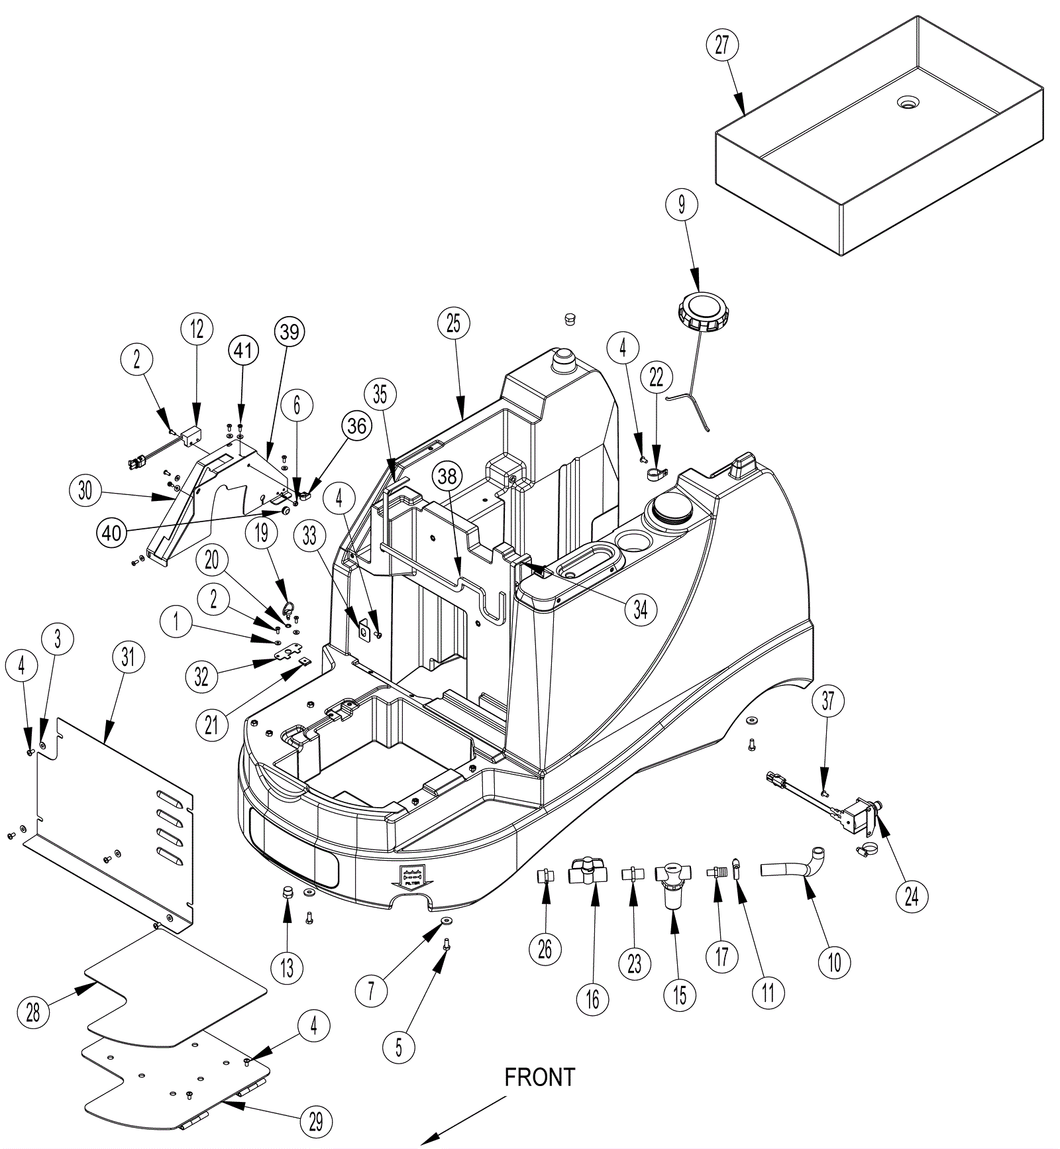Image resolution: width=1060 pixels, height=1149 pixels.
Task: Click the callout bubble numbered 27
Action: click(x=721, y=45)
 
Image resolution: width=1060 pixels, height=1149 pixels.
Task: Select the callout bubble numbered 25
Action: click(x=453, y=323)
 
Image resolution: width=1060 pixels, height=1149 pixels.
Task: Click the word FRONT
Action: click(x=540, y=1077)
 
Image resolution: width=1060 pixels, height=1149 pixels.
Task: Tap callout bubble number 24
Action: click(x=912, y=897)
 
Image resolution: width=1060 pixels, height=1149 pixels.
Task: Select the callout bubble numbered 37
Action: click(x=828, y=700)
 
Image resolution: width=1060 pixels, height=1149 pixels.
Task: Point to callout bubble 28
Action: click(x=33, y=1012)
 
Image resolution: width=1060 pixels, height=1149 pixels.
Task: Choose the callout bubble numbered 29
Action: click(x=315, y=1121)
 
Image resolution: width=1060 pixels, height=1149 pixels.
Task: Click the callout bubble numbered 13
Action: click(x=287, y=967)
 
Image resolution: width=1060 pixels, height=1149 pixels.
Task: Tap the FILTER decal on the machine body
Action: click(x=411, y=877)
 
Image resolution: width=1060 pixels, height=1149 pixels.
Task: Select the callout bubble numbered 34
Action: click(x=640, y=609)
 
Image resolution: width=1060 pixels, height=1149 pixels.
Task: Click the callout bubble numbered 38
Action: click(x=448, y=476)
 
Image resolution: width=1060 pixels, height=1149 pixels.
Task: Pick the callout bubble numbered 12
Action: click(x=197, y=329)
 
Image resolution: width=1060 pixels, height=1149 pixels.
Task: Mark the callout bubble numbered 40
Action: click(x=113, y=531)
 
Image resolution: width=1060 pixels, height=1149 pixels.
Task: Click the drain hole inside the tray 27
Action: click(x=908, y=102)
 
